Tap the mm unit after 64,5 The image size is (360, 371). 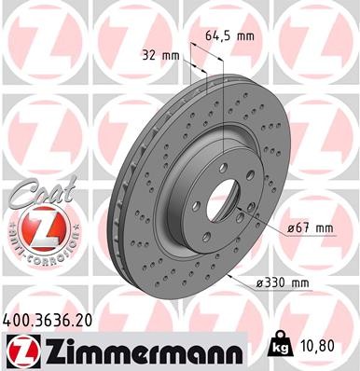(x=246, y=36)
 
